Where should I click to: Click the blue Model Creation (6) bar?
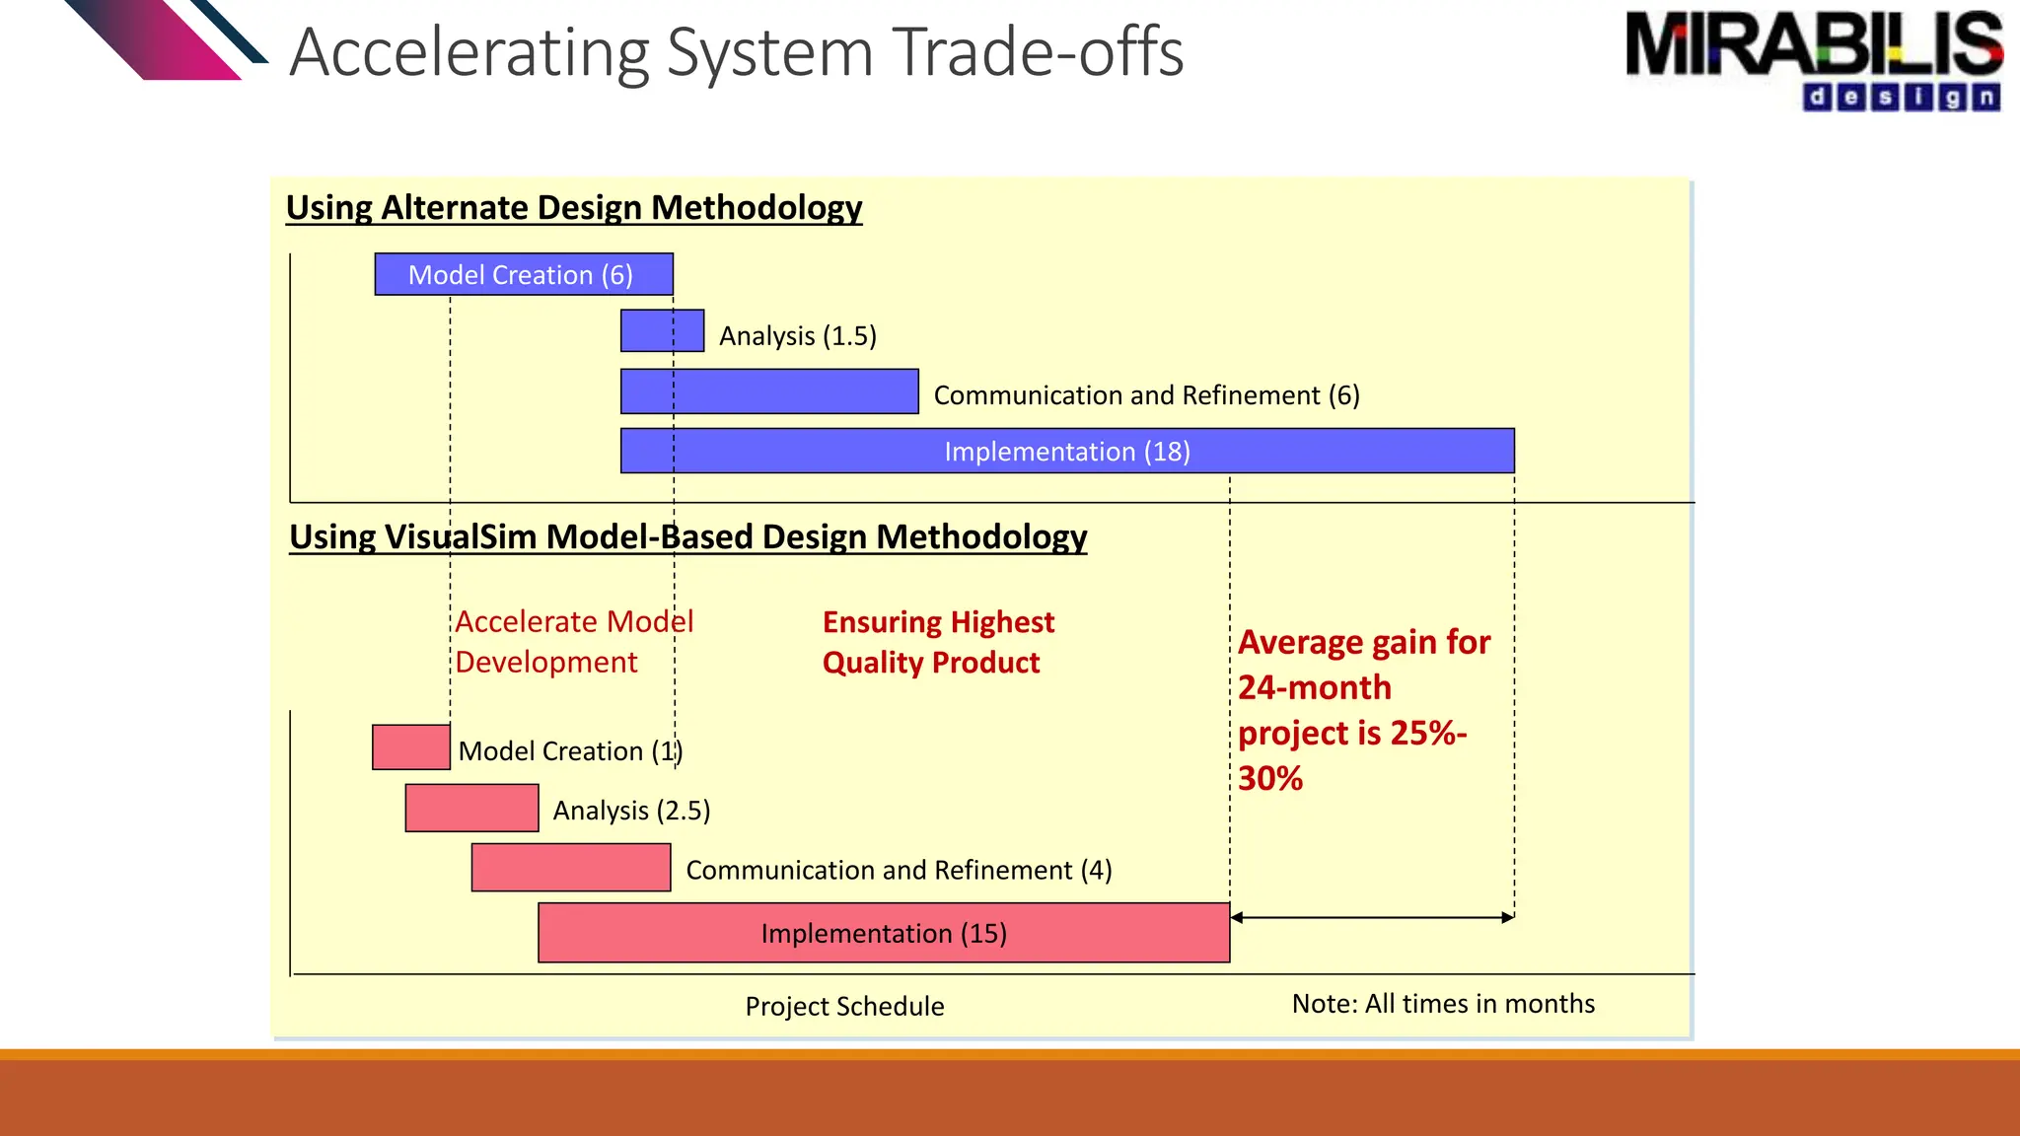[524, 274]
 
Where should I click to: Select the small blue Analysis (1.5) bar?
[662, 331]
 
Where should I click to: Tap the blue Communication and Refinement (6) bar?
[769, 391]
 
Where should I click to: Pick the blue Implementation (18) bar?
[1067, 451]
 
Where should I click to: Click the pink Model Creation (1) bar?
[411, 747]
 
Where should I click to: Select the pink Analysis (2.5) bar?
[471, 808]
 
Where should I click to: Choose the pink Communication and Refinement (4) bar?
[571, 868]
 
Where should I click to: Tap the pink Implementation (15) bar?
[884, 933]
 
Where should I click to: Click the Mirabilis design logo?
[1813, 59]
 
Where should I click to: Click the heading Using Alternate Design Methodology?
[574, 208]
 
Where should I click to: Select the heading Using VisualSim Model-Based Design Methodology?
[687, 537]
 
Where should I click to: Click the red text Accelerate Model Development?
[573, 642]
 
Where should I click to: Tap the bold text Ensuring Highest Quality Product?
[937, 642]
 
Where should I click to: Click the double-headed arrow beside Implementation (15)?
[1372, 917]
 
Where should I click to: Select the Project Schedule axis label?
[844, 1006]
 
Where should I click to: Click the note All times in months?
[1443, 1004]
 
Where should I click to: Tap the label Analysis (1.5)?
[797, 336]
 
